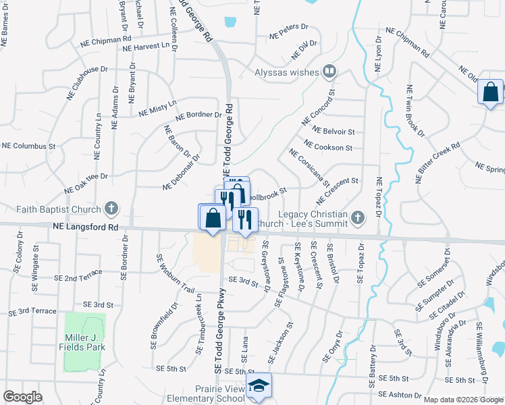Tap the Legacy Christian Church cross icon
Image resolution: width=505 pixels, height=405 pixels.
click(358, 217)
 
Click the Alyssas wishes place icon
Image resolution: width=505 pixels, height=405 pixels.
click(329, 70)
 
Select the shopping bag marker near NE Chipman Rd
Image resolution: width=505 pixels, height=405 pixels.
click(491, 92)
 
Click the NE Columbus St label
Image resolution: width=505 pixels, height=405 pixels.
click(28, 146)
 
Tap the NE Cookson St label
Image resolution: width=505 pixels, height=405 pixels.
click(328, 146)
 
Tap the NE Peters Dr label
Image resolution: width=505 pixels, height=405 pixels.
click(288, 32)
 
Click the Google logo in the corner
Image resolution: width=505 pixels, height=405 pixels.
click(22, 397)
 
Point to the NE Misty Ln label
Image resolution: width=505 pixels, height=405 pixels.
click(157, 107)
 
